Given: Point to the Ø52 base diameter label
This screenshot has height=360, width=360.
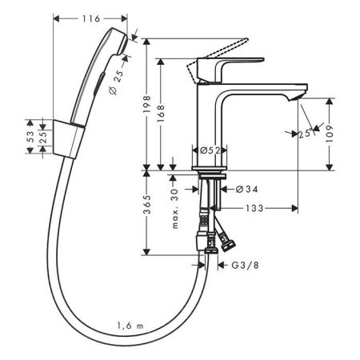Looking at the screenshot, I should (x=210, y=150).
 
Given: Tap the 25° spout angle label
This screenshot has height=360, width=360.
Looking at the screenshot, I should (x=304, y=134).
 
